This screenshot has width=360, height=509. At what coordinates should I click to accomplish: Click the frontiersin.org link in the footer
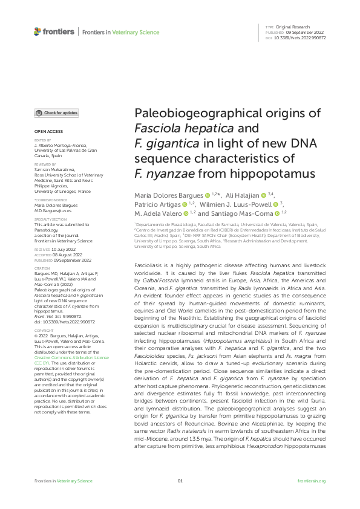pos(312,481)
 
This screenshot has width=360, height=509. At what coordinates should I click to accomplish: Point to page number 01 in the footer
pos(180,481)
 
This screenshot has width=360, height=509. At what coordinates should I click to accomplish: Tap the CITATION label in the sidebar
pos(42,268)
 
